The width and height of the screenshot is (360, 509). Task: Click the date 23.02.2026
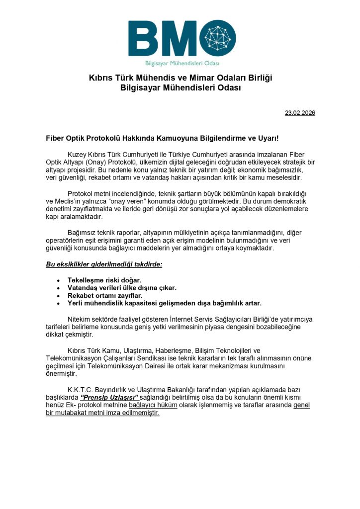pos(300,113)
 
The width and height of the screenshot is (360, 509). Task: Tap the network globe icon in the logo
pos(218,38)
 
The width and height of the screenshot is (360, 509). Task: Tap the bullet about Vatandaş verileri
pos(122,287)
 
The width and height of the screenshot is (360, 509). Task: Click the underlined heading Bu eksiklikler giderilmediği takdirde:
pos(104,264)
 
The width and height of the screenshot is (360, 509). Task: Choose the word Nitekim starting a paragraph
pos(80,319)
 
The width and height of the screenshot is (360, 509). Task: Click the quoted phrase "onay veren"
pos(160,201)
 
